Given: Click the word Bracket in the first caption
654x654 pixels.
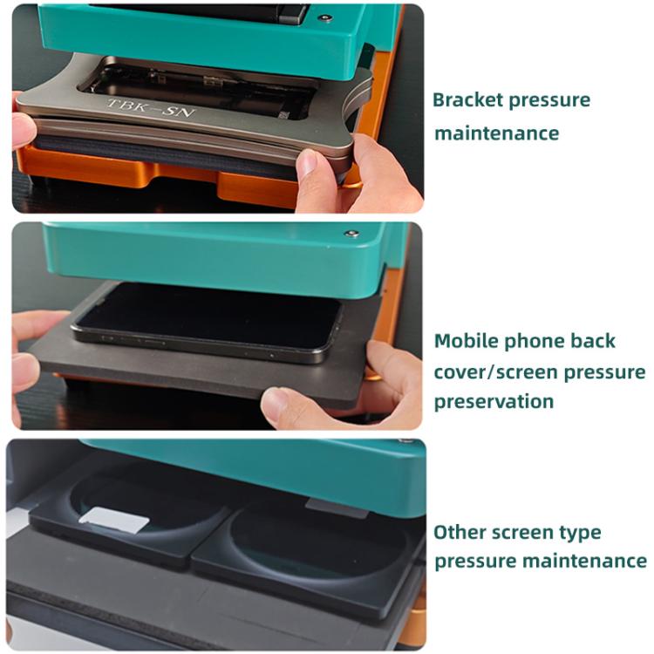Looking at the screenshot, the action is [467, 100].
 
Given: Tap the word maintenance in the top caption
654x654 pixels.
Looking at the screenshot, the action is [497, 133].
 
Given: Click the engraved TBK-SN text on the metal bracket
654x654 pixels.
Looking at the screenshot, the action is [151, 107].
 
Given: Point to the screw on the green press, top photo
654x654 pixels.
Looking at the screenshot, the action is [325, 18].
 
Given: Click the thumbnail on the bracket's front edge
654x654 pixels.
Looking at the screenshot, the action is [308, 162].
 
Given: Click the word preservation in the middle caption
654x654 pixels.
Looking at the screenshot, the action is [494, 402].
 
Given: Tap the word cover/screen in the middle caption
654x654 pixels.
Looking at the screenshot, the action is [495, 371].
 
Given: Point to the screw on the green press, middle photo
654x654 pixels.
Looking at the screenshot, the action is [351, 233].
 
